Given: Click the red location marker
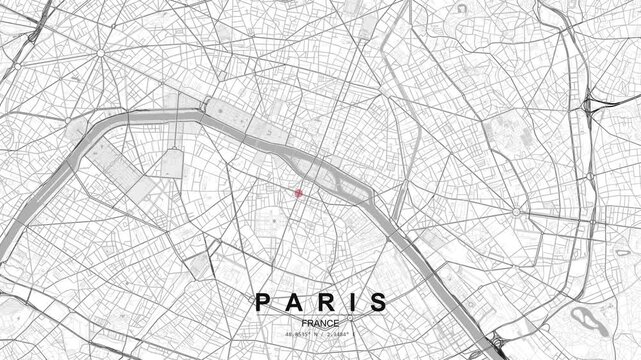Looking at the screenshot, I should point(297,193).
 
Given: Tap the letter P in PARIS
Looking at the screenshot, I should point(263,273).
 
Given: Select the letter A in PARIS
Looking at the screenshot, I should point(294,273).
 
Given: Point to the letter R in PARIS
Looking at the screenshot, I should point(324,273).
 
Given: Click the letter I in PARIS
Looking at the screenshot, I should point(351,273).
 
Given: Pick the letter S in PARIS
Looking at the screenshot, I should point(378,273).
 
